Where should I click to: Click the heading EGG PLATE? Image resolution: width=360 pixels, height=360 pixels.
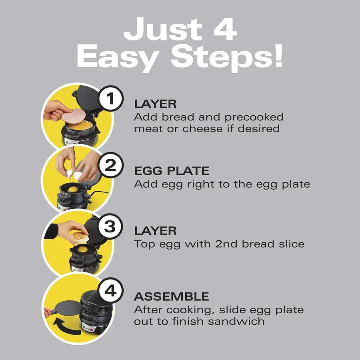tap(172, 171)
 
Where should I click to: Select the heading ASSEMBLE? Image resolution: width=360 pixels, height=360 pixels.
tap(171, 297)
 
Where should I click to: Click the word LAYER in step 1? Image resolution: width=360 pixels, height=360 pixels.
tap(155, 104)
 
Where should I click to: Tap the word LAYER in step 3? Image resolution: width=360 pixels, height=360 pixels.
tap(155, 231)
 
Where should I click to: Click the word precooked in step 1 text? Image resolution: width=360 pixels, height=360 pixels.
tap(254, 117)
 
